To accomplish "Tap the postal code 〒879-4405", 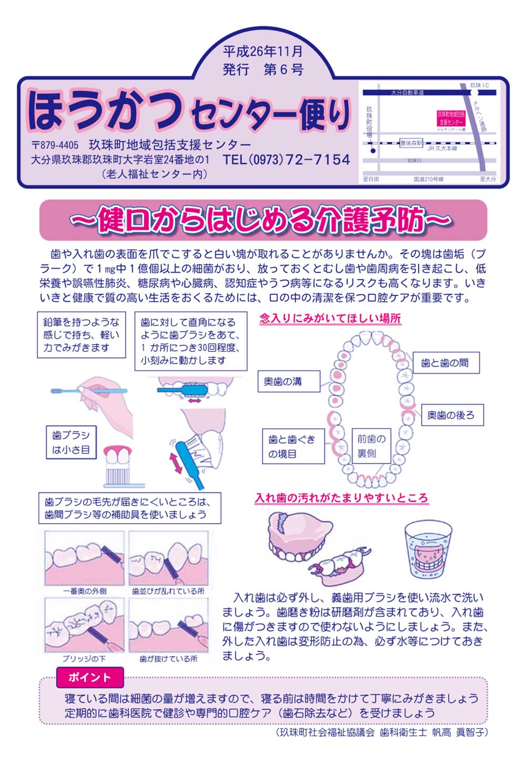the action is tap(55, 145).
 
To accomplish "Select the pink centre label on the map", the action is tap(451, 118).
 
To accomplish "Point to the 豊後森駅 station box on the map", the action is tap(411, 143).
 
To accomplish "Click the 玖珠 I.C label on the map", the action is tap(480, 85).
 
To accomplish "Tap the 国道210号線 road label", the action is tap(428, 179).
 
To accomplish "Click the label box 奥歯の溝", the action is tap(289, 382).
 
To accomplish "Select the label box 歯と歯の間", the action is tap(446, 363).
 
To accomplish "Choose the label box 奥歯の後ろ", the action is tap(452, 415).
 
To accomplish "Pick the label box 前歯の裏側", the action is tap(371, 446).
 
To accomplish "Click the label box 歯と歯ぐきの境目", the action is tap(294, 446).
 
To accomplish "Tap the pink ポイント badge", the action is tap(90, 677).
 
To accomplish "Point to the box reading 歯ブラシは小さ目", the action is tap(71, 443).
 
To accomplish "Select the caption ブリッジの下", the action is tap(84, 659).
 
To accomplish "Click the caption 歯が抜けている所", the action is tap(168, 659).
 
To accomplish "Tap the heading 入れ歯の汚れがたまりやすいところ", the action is tap(341, 498).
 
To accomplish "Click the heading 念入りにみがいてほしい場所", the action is tap(330, 318).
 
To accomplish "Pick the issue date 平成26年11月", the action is tap(263, 51).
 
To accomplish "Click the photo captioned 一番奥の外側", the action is tap(85, 558).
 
